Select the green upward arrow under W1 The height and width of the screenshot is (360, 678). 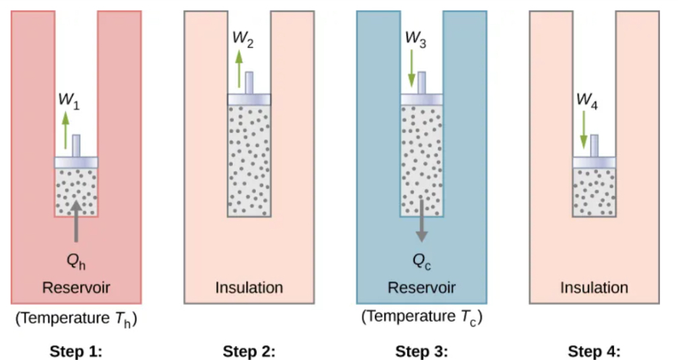click(65, 131)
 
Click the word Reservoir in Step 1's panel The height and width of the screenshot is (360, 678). click(76, 288)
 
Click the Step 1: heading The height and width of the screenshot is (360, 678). click(76, 351)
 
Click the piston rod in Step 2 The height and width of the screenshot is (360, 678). click(249, 83)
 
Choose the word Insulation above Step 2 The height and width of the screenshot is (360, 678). click(249, 288)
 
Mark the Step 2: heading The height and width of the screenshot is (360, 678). click(249, 351)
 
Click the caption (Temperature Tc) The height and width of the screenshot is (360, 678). click(421, 317)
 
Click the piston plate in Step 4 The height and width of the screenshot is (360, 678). click(594, 162)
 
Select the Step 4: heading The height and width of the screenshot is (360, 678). click(594, 351)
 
